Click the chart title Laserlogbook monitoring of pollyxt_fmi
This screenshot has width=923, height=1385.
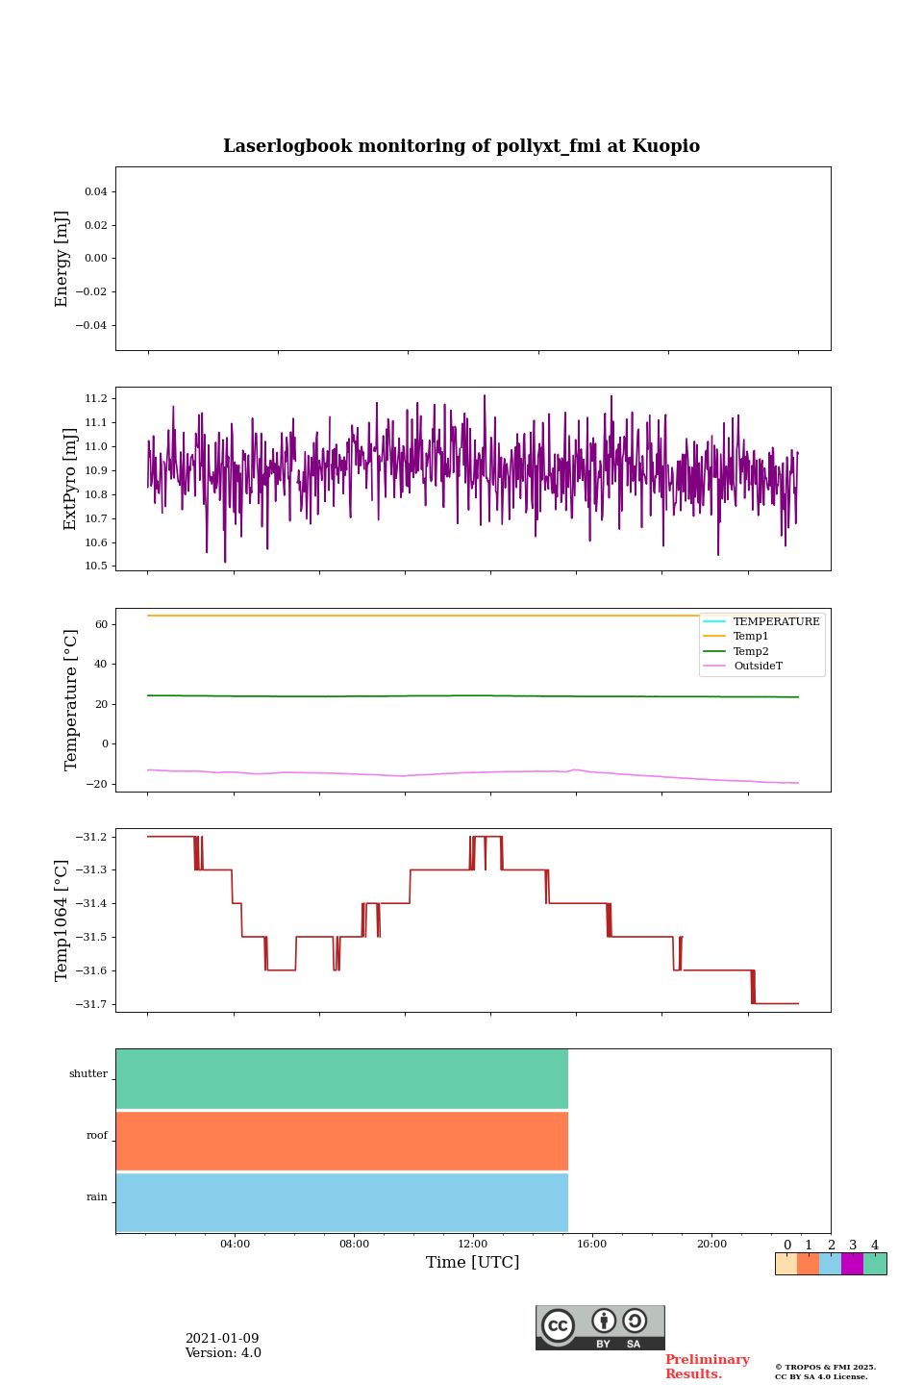pyautogui.click(x=461, y=146)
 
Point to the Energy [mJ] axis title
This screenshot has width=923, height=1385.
pyautogui.click(x=62, y=259)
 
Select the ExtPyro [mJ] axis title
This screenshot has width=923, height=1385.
pyautogui.click(x=70, y=479)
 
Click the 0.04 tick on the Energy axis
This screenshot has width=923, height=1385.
pyautogui.click(x=95, y=192)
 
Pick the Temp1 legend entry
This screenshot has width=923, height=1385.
pyautogui.click(x=751, y=637)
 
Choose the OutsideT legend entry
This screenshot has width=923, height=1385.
pyautogui.click(x=758, y=667)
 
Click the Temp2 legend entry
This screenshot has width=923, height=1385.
pyautogui.click(x=751, y=652)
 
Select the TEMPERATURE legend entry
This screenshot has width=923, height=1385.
pyautogui.click(x=776, y=622)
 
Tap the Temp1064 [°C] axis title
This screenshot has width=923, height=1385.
pyautogui.click(x=62, y=920)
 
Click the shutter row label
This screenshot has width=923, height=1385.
pyautogui.click(x=88, y=1074)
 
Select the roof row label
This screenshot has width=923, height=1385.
pyautogui.click(x=97, y=1136)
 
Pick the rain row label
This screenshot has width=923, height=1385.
pyautogui.click(x=97, y=1197)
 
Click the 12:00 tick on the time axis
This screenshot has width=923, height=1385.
pyautogui.click(x=473, y=1245)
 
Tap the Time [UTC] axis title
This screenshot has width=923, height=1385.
pyautogui.click(x=473, y=1263)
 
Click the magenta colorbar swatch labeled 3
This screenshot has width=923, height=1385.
pyautogui.click(x=852, y=1264)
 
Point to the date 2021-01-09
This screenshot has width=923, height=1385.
pyautogui.click(x=222, y=1339)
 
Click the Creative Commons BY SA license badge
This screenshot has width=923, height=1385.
pyautogui.click(x=600, y=1327)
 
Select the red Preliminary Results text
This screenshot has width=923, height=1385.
pyautogui.click(x=707, y=1367)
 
